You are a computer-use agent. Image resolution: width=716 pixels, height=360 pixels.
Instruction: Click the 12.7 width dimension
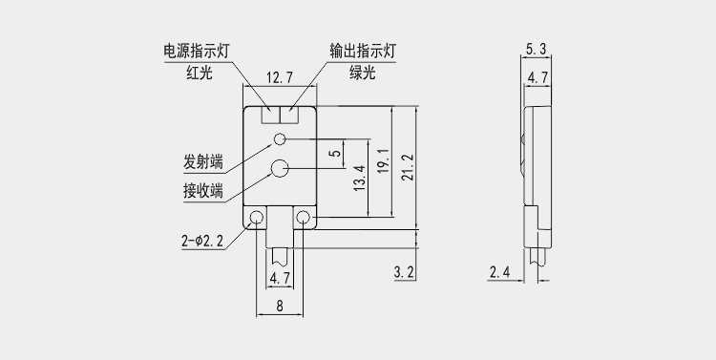pos(280,78)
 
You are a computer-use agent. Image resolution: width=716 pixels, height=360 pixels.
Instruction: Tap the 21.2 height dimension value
pos(408,167)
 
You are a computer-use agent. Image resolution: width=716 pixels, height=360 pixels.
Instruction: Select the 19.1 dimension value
pos(384,160)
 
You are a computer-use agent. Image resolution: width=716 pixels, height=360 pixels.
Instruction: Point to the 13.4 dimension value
pos(360,179)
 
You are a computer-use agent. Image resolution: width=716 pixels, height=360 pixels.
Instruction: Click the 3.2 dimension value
pos(404,273)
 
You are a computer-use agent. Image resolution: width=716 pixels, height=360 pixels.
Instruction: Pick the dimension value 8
pos(280,306)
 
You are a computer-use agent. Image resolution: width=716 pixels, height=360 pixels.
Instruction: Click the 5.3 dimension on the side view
pos(536,50)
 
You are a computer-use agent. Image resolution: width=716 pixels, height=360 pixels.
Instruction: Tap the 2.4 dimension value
pos(499,273)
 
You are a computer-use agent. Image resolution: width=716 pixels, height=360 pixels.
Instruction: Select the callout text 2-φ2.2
pos(202,241)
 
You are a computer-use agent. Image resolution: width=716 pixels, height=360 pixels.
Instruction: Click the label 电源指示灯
pos(197,52)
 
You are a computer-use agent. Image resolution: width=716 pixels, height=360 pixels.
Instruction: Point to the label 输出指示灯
pos(363,52)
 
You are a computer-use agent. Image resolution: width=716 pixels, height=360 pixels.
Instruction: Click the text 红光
pos(200,73)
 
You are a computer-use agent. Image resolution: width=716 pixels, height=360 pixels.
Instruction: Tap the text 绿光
pos(363,73)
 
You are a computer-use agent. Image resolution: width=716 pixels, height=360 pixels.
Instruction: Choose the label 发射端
pos(203,162)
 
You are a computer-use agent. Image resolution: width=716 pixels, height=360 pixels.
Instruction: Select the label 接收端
pos(203,191)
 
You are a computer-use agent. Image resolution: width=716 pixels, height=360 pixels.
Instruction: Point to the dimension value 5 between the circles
pos(336,153)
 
